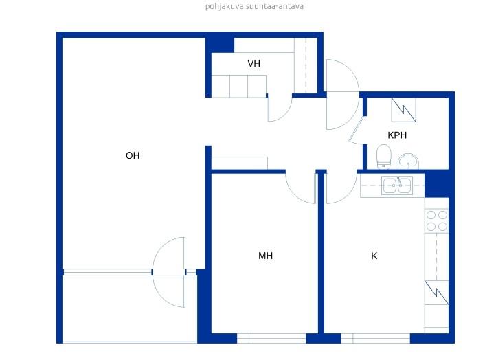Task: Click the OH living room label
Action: [133, 155]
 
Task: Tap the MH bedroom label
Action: [265, 256]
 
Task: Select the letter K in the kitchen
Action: [374, 256]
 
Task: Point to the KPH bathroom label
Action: [397, 135]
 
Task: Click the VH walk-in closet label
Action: [253, 64]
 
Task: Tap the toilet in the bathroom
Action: [384, 157]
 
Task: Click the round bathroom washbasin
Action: [408, 161]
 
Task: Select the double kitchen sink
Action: [397, 185]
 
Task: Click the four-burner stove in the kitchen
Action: [436, 221]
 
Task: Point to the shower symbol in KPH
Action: [403, 110]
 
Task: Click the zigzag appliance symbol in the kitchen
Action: [436, 293]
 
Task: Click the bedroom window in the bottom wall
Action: [271, 338]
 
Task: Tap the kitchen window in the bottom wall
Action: [376, 338]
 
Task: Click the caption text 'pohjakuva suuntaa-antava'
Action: [254, 6]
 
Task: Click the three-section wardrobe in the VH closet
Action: [239, 86]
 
